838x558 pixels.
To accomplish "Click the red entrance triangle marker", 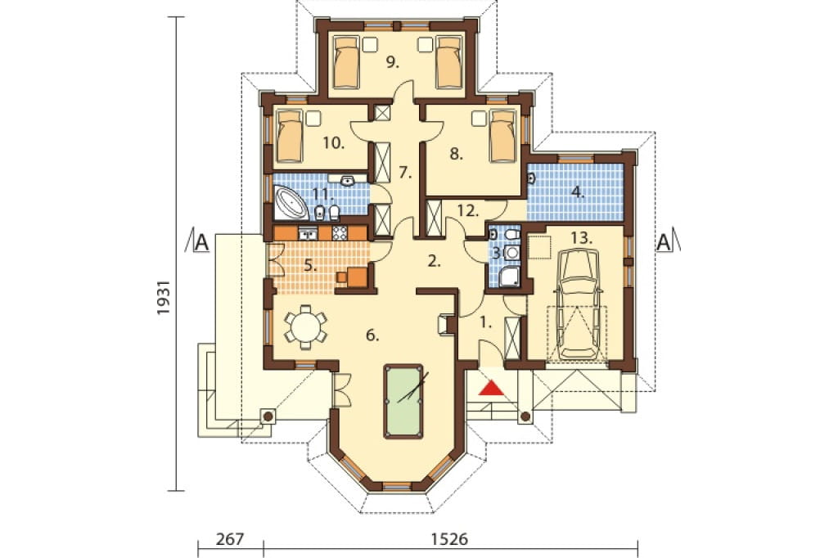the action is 491,388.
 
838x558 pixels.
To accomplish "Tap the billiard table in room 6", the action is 403,401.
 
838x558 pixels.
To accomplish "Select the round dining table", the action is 305,326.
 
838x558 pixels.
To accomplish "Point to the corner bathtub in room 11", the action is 291,203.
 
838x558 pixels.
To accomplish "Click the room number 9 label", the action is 393,63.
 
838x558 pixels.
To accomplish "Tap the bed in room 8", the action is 502,136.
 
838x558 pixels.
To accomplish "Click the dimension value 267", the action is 230,538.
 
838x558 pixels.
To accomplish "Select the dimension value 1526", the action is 449,538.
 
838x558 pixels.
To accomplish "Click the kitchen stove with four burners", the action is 340,233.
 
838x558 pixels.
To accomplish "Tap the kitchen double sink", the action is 308,233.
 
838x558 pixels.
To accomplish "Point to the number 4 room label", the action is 578,192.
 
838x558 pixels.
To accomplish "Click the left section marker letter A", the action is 201,242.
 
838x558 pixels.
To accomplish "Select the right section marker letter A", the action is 663,242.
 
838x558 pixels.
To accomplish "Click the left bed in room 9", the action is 345,61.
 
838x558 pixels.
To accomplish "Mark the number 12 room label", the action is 467,210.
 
